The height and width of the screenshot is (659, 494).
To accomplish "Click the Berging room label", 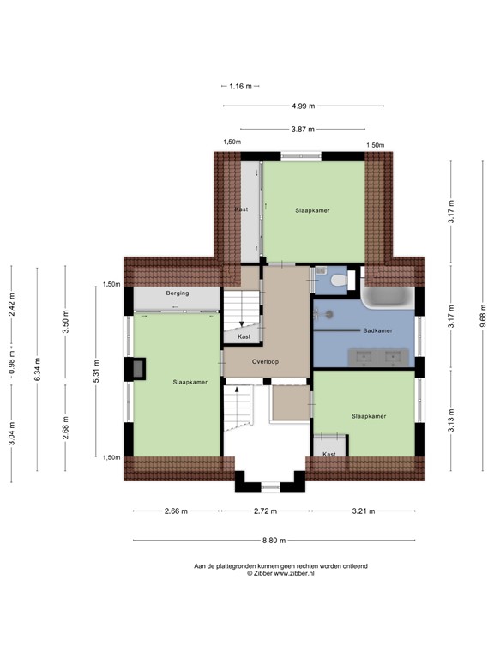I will [x=178, y=293].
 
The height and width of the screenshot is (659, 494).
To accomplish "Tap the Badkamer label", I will [x=377, y=329].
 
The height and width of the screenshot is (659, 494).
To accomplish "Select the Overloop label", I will [x=266, y=361].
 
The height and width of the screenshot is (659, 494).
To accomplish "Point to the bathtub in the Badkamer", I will [x=387, y=297].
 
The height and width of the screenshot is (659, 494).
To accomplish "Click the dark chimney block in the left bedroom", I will [x=136, y=368].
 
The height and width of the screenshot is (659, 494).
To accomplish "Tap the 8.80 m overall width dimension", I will [x=274, y=541].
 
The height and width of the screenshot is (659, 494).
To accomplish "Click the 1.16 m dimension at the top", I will [x=241, y=86].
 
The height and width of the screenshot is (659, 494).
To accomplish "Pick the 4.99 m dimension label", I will [x=303, y=106].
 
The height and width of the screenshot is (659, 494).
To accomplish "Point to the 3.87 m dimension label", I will [x=303, y=130].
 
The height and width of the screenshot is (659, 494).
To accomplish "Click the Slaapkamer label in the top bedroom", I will [x=313, y=209].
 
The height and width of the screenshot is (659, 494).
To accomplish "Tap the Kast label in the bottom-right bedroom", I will [x=329, y=454].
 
